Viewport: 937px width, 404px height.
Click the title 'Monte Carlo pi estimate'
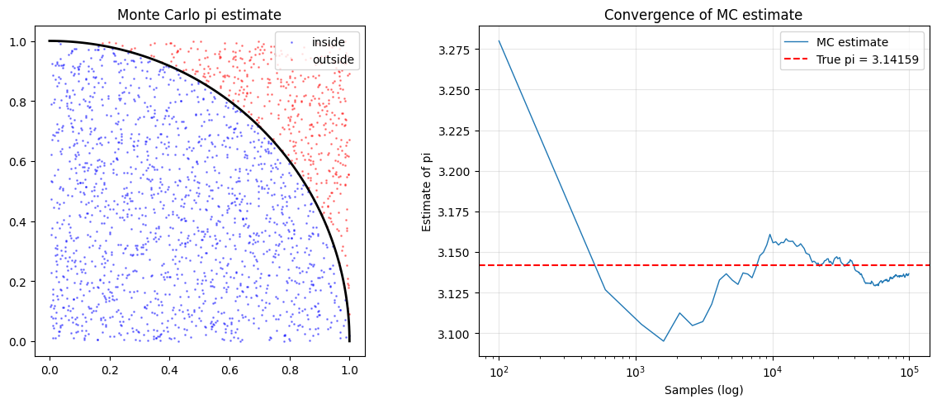199,15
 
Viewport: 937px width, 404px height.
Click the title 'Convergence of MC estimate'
703,15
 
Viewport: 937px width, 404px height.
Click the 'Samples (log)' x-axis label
703,390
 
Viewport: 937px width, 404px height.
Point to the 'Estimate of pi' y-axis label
427,191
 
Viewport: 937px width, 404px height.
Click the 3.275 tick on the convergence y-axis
453,50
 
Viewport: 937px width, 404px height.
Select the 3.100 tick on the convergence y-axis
453,334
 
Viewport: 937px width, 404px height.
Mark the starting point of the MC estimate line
499,40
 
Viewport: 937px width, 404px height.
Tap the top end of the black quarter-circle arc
50,40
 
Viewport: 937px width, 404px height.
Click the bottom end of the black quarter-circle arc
349,341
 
